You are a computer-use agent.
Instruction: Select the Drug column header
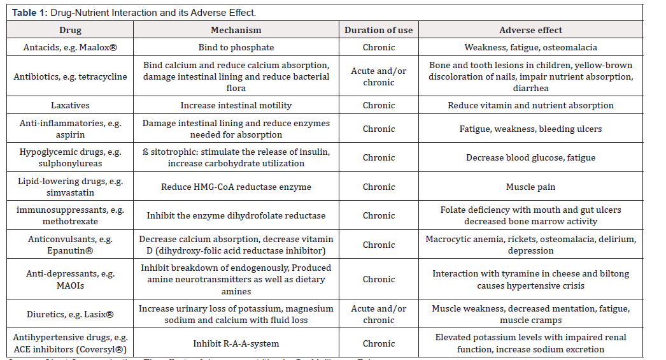70,30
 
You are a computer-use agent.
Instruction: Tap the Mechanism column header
236,30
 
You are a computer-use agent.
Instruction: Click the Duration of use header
378,30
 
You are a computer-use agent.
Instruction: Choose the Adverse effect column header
530,30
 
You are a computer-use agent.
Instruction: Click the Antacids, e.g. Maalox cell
70,47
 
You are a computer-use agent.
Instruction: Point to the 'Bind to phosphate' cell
236,47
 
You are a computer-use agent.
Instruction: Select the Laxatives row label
70,105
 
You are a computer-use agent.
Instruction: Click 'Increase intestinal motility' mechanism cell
236,105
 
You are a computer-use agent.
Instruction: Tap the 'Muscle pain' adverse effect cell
530,187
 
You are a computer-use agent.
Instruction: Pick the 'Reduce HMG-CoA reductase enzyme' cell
236,187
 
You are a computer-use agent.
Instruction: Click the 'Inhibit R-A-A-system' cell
236,343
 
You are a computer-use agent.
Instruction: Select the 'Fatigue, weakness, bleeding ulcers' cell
530,129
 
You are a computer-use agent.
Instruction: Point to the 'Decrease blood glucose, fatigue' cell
530,157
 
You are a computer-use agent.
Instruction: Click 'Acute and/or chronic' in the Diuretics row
378,314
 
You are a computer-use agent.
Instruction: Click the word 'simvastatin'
71,192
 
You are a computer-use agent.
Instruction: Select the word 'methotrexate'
71,221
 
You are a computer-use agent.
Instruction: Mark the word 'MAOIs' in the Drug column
71,285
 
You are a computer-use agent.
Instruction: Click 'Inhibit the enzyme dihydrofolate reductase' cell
236,215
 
